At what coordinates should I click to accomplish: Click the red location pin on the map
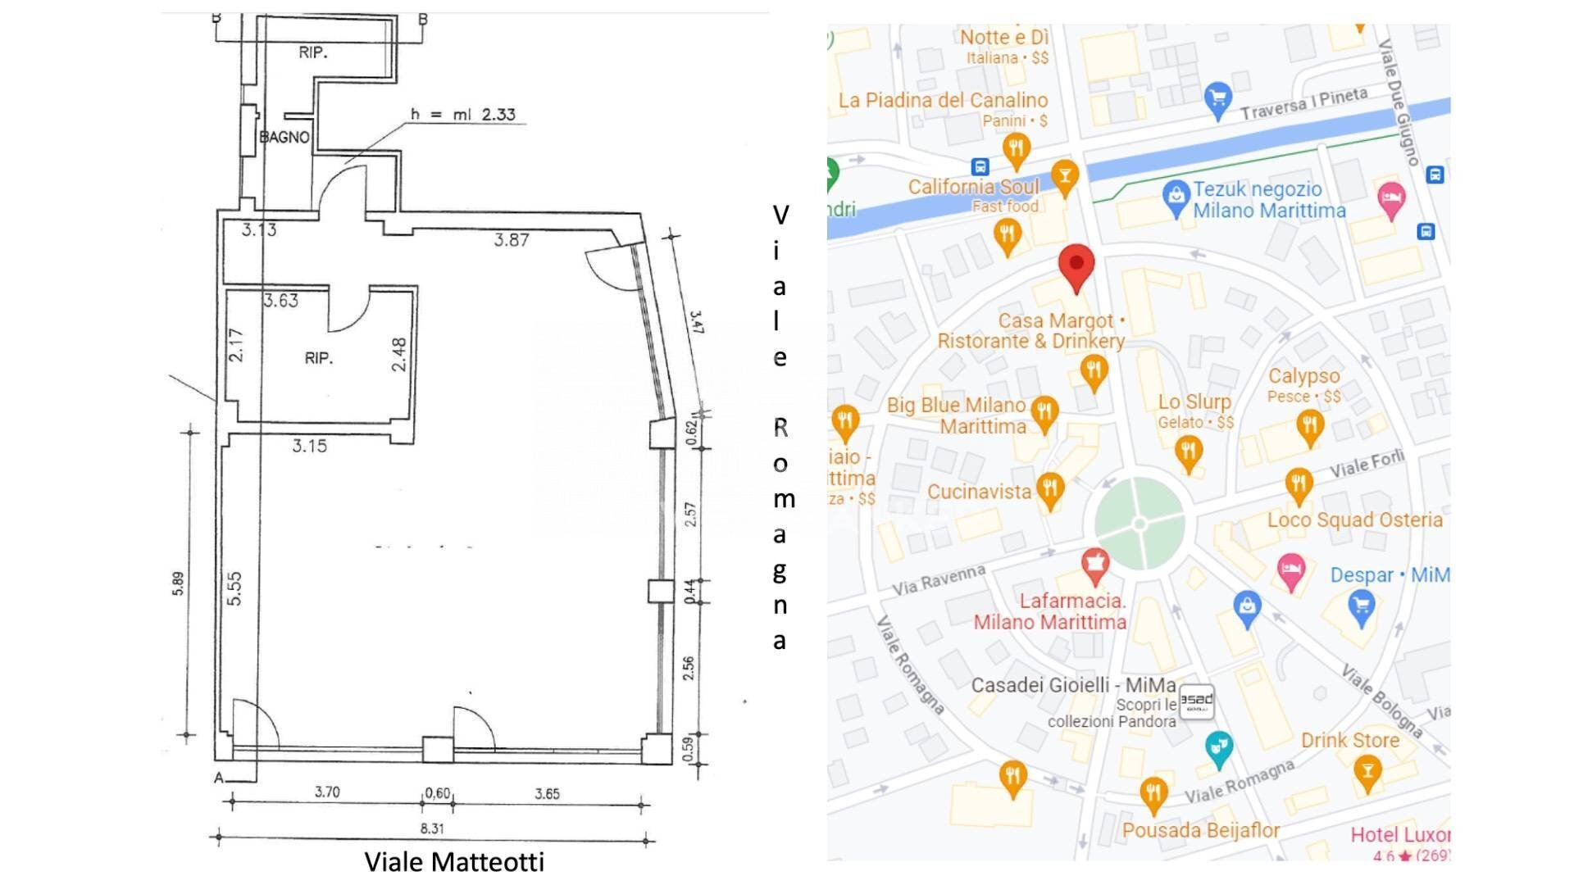click(1076, 265)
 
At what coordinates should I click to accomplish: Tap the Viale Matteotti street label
click(454, 862)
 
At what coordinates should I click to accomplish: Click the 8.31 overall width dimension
click(432, 828)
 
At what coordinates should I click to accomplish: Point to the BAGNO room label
click(284, 137)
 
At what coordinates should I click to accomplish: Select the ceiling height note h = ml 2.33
click(462, 115)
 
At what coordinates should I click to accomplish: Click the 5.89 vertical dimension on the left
click(179, 583)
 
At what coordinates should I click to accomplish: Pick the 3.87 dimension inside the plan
click(512, 240)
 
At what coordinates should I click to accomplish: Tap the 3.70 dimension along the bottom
click(327, 792)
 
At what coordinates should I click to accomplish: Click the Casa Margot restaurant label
click(1031, 331)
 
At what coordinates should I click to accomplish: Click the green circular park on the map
click(1140, 524)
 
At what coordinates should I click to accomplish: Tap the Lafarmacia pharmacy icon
click(1094, 563)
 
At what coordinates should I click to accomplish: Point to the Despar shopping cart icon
click(1361, 607)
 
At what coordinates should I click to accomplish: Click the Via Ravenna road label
click(939, 579)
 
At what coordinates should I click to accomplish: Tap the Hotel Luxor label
click(1399, 835)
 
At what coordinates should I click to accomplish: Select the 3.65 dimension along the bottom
click(547, 793)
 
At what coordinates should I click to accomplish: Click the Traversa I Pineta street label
click(1303, 103)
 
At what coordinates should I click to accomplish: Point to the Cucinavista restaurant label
click(979, 492)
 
